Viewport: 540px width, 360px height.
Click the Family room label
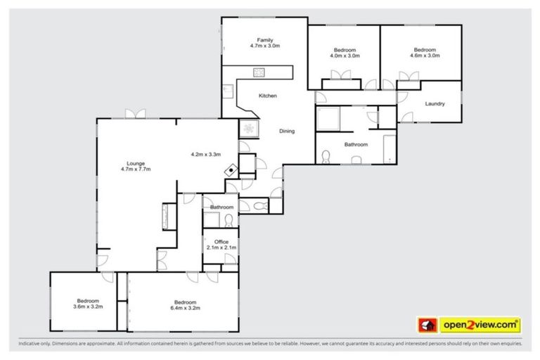pos(264,40)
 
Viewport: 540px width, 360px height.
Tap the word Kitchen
pos(267,96)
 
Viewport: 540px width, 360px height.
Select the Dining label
pos(287,131)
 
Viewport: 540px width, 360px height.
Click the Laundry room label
pos(435,104)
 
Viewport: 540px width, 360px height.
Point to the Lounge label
pos(136,163)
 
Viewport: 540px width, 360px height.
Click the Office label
pos(221,242)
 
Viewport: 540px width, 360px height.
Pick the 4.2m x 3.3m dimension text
pos(206,155)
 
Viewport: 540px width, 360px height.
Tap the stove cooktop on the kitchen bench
pos(259,71)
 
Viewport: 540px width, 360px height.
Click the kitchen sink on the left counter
pos(229,91)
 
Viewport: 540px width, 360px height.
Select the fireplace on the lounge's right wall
pos(167,216)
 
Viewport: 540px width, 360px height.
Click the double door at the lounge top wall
pos(135,114)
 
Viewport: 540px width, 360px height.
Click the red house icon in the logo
pos(427,326)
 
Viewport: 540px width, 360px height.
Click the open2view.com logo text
pos(480,326)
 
